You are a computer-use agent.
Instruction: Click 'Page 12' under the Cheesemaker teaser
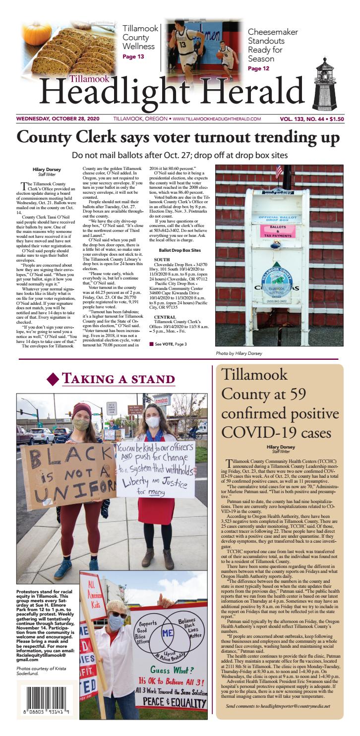pyautogui.click(x=258, y=68)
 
